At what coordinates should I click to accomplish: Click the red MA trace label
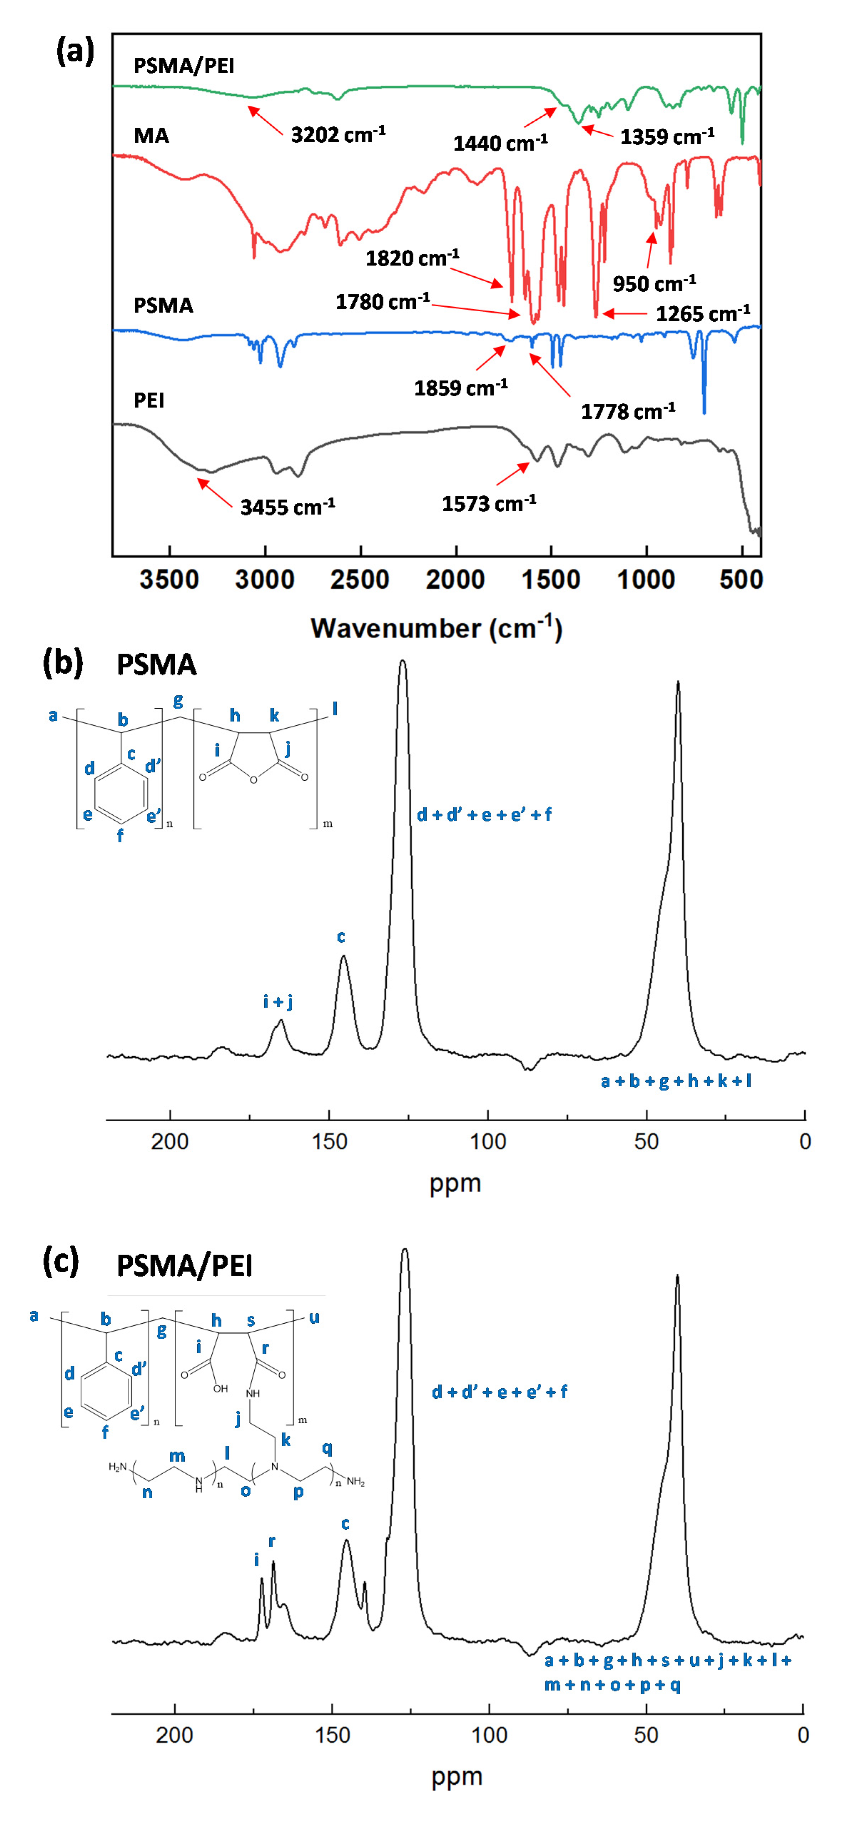tap(151, 136)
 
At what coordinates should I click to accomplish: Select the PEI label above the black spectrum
tap(149, 401)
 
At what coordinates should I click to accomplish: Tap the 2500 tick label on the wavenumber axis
tap(360, 580)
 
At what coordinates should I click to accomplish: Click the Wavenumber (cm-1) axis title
tap(436, 628)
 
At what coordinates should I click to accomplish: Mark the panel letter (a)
tap(75, 52)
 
